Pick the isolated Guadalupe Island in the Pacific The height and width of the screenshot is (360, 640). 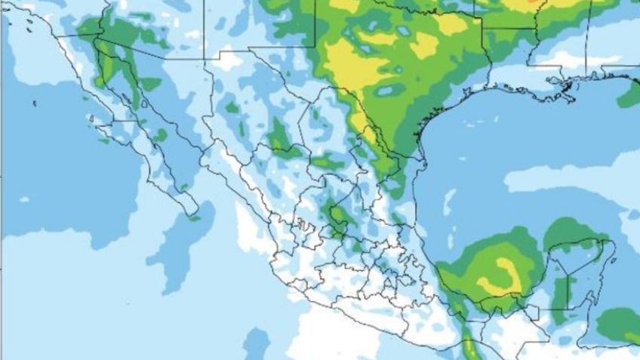35,104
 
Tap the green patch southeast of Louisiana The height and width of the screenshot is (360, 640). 629,96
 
